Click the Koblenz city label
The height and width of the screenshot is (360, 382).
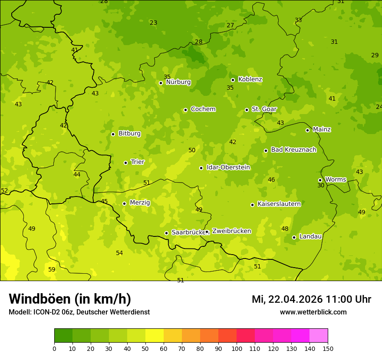250,79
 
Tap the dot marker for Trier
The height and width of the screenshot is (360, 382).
125,163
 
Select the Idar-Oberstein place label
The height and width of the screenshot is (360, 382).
228,167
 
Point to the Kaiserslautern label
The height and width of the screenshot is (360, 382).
279,204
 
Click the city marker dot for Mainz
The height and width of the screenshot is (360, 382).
307,130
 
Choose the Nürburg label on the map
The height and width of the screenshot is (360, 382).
178,82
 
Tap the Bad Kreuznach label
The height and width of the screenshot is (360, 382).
293,150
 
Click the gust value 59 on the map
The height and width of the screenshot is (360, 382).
52,269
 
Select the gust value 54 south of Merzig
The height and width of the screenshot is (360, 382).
119,253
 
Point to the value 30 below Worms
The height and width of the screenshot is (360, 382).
321,185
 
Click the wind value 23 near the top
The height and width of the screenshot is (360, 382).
153,23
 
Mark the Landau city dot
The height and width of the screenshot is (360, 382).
294,237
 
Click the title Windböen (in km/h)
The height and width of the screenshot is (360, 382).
70,299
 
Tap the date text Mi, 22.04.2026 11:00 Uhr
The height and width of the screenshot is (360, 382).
311,299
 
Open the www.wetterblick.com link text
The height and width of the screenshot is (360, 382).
313,312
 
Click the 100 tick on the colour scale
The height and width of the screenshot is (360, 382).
237,348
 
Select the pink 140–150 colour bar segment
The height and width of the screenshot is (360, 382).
319,336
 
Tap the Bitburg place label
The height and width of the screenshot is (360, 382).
129,134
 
